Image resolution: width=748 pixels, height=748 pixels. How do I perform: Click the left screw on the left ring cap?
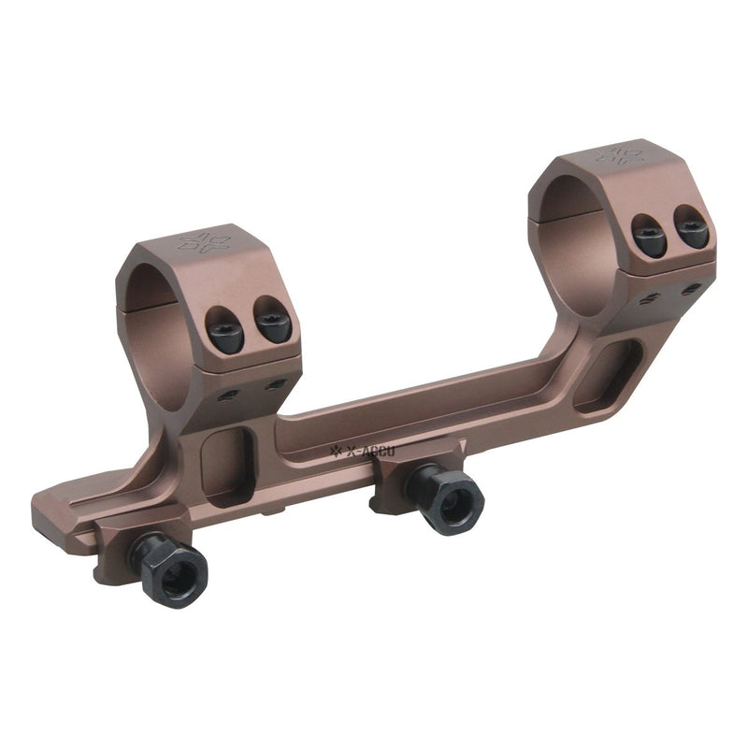tap(225, 331)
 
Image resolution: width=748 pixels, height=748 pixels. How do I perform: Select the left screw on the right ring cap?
tap(649, 236)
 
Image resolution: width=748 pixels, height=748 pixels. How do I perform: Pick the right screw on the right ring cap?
tap(692, 227)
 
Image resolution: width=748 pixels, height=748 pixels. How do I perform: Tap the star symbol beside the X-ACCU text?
tap(338, 454)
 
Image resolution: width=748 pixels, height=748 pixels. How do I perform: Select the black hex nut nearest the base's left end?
tap(171, 568)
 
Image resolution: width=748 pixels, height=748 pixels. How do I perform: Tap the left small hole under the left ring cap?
tap(227, 395)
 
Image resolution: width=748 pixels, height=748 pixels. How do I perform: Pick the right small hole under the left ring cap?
tap(275, 384)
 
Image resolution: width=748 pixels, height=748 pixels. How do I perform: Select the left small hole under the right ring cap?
tap(649, 298)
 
